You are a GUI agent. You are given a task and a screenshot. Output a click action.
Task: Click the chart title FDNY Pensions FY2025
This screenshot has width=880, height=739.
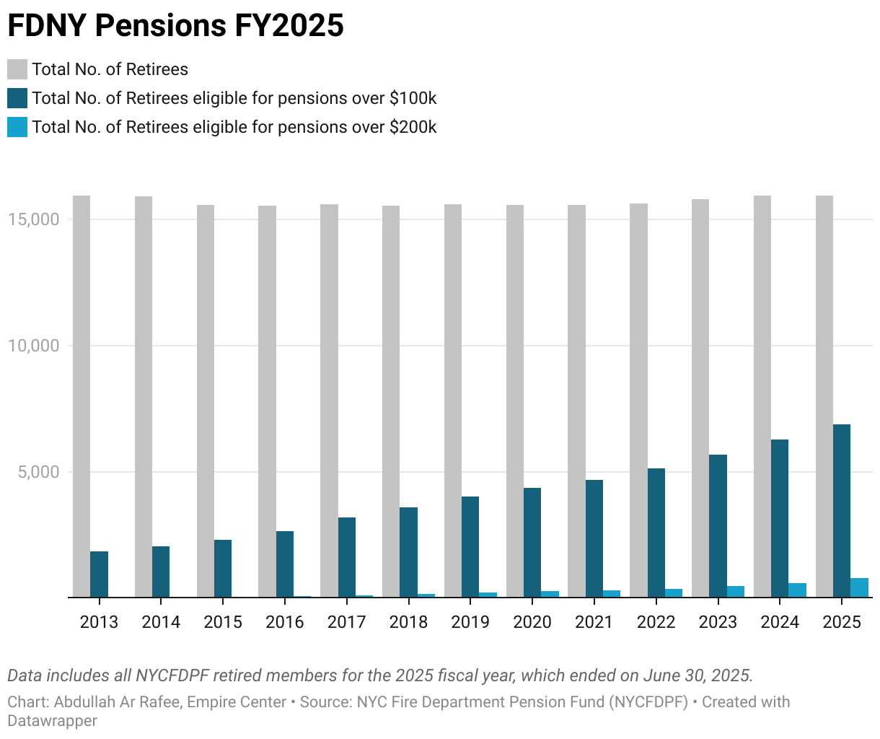(x=175, y=25)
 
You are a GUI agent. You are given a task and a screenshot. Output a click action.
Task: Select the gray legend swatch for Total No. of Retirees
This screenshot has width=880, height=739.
(x=17, y=69)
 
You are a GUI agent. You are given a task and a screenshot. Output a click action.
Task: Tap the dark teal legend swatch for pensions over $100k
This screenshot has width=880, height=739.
(x=17, y=98)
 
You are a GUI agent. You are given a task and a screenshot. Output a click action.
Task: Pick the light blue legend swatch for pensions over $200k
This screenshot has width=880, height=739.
(x=17, y=127)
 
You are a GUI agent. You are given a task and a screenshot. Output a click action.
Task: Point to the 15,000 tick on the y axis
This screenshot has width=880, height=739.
(x=33, y=219)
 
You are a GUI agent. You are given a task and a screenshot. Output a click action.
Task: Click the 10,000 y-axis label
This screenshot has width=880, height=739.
(x=33, y=346)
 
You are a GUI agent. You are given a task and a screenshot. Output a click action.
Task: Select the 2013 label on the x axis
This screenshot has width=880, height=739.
(x=99, y=622)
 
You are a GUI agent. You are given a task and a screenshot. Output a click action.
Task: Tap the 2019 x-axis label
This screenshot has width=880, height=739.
(x=470, y=622)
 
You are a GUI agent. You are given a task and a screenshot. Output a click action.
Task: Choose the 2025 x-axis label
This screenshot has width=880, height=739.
(x=842, y=622)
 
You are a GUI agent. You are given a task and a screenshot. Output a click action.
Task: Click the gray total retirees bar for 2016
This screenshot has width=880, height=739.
(x=267, y=401)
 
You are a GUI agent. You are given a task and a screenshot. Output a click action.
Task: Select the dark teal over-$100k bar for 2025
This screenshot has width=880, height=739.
(x=842, y=511)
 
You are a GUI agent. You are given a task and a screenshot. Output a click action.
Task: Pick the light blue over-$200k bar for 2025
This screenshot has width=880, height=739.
(x=859, y=587)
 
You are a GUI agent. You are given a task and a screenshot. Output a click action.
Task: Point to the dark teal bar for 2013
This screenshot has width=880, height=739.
(x=99, y=574)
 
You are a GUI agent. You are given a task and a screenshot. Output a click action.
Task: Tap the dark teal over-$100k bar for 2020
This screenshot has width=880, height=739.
(x=532, y=543)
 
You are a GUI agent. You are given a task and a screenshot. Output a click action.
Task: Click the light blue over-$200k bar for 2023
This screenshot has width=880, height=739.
(x=736, y=592)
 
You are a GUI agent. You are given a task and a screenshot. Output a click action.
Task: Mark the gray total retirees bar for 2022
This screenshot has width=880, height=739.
(x=638, y=401)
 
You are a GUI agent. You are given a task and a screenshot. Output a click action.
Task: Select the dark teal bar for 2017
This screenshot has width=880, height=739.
(x=347, y=557)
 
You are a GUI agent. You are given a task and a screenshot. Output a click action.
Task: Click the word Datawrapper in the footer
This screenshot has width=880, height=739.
(x=52, y=720)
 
